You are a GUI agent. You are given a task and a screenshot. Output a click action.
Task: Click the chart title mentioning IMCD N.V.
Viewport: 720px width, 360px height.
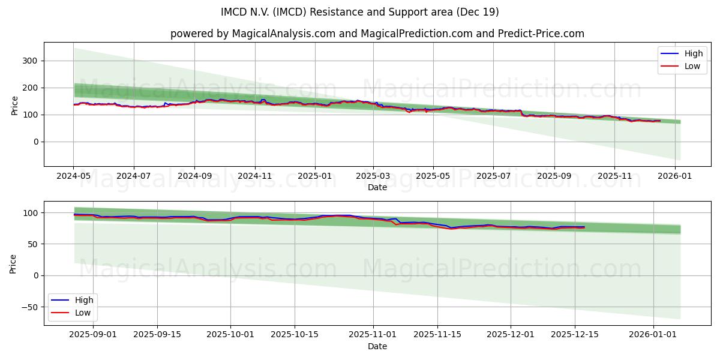point(360,12)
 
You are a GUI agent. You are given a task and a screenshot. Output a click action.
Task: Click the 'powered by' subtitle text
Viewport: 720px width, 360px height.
point(377,34)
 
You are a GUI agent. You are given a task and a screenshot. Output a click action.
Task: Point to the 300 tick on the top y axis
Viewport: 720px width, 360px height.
point(30,61)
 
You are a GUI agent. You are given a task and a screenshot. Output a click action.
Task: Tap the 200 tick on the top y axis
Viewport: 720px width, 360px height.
point(30,88)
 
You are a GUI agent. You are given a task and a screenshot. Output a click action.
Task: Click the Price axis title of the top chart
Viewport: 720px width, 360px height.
point(14,105)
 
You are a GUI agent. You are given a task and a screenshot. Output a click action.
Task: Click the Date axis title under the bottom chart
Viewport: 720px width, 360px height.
point(377,346)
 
